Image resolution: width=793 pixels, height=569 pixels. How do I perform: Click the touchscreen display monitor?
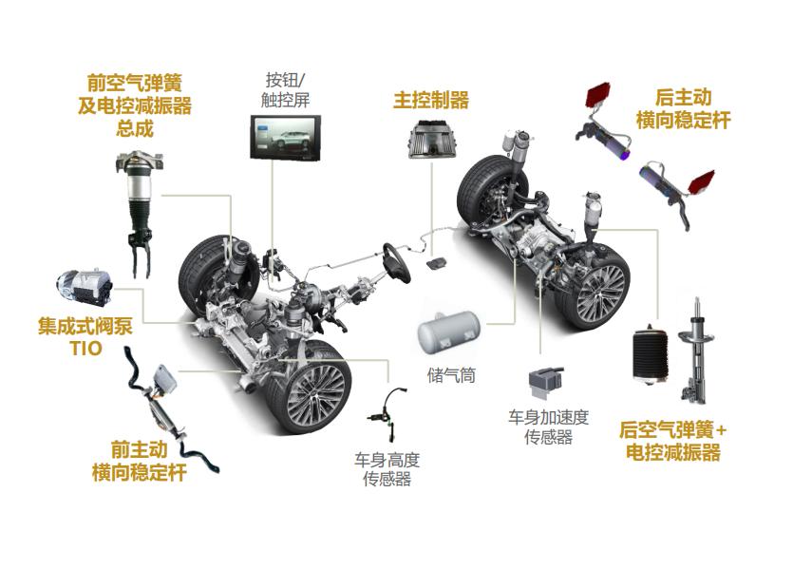click(x=286, y=138)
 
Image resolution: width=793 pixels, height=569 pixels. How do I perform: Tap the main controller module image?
click(x=433, y=139)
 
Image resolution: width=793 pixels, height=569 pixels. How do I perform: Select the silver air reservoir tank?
click(x=448, y=332)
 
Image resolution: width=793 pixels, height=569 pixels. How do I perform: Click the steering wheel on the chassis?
click(x=396, y=262)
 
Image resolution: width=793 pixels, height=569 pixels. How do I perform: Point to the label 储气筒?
click(x=451, y=375)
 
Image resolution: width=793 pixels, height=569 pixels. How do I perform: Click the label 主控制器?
click(x=431, y=100)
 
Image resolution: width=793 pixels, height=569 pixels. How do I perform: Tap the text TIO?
click(x=86, y=348)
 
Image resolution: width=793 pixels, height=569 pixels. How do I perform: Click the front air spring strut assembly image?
click(x=139, y=215)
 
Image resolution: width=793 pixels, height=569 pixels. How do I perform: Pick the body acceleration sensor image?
click(x=546, y=385)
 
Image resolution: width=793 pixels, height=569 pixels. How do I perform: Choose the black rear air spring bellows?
click(x=651, y=356)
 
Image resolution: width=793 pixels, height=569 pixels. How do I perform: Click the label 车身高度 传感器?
click(x=387, y=469)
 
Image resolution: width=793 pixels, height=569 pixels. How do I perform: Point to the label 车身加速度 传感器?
click(x=549, y=427)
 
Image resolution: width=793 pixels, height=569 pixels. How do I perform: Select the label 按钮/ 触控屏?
click(x=285, y=89)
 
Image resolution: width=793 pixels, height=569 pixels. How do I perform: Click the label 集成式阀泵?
click(x=85, y=326)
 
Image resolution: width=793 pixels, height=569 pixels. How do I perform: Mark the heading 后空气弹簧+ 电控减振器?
click(x=673, y=441)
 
